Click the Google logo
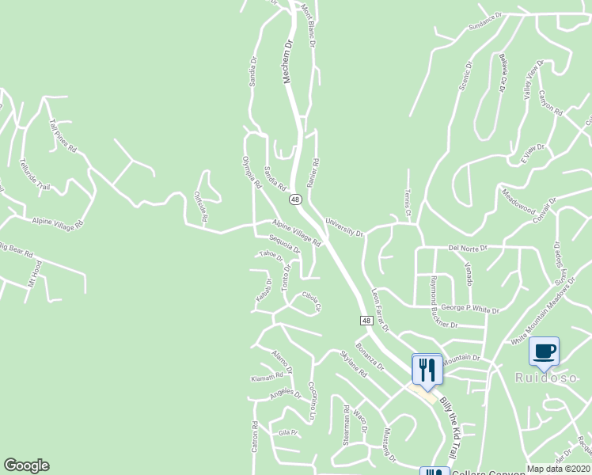pos(26,465)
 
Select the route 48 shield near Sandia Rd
pos(294,199)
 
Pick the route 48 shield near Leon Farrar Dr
pos(366,320)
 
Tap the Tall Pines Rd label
pos(63,136)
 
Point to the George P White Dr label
pos(470,309)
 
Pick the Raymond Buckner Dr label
pos(443,302)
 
